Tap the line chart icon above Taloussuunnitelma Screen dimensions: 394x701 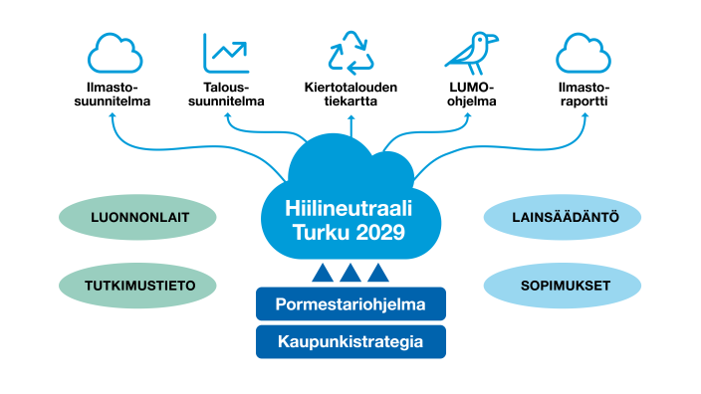(x=226, y=53)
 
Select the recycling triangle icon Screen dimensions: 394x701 (x=350, y=53)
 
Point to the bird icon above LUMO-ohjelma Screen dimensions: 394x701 (x=470, y=53)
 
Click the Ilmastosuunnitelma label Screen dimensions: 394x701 (x=114, y=95)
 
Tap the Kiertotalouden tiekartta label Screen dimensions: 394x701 (x=350, y=95)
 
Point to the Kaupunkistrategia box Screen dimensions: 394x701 (x=350, y=341)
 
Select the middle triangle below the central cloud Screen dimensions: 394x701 (x=350, y=273)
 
